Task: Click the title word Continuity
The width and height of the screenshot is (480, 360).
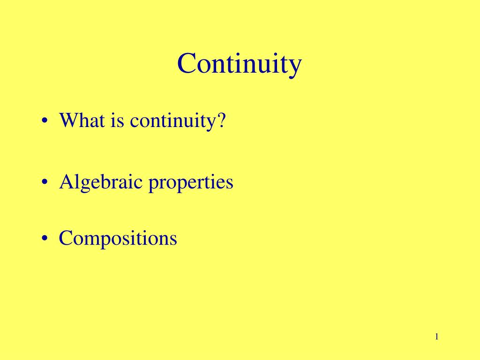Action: click(239, 64)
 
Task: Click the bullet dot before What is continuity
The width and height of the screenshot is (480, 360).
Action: click(45, 122)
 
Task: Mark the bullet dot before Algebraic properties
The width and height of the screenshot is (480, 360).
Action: click(45, 183)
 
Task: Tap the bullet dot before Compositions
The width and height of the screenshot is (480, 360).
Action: click(45, 239)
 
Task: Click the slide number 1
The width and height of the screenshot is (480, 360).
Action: click(436, 337)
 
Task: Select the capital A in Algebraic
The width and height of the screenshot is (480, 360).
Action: click(66, 182)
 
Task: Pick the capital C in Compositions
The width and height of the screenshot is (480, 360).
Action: click(65, 238)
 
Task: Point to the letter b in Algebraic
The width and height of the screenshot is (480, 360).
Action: click(103, 181)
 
